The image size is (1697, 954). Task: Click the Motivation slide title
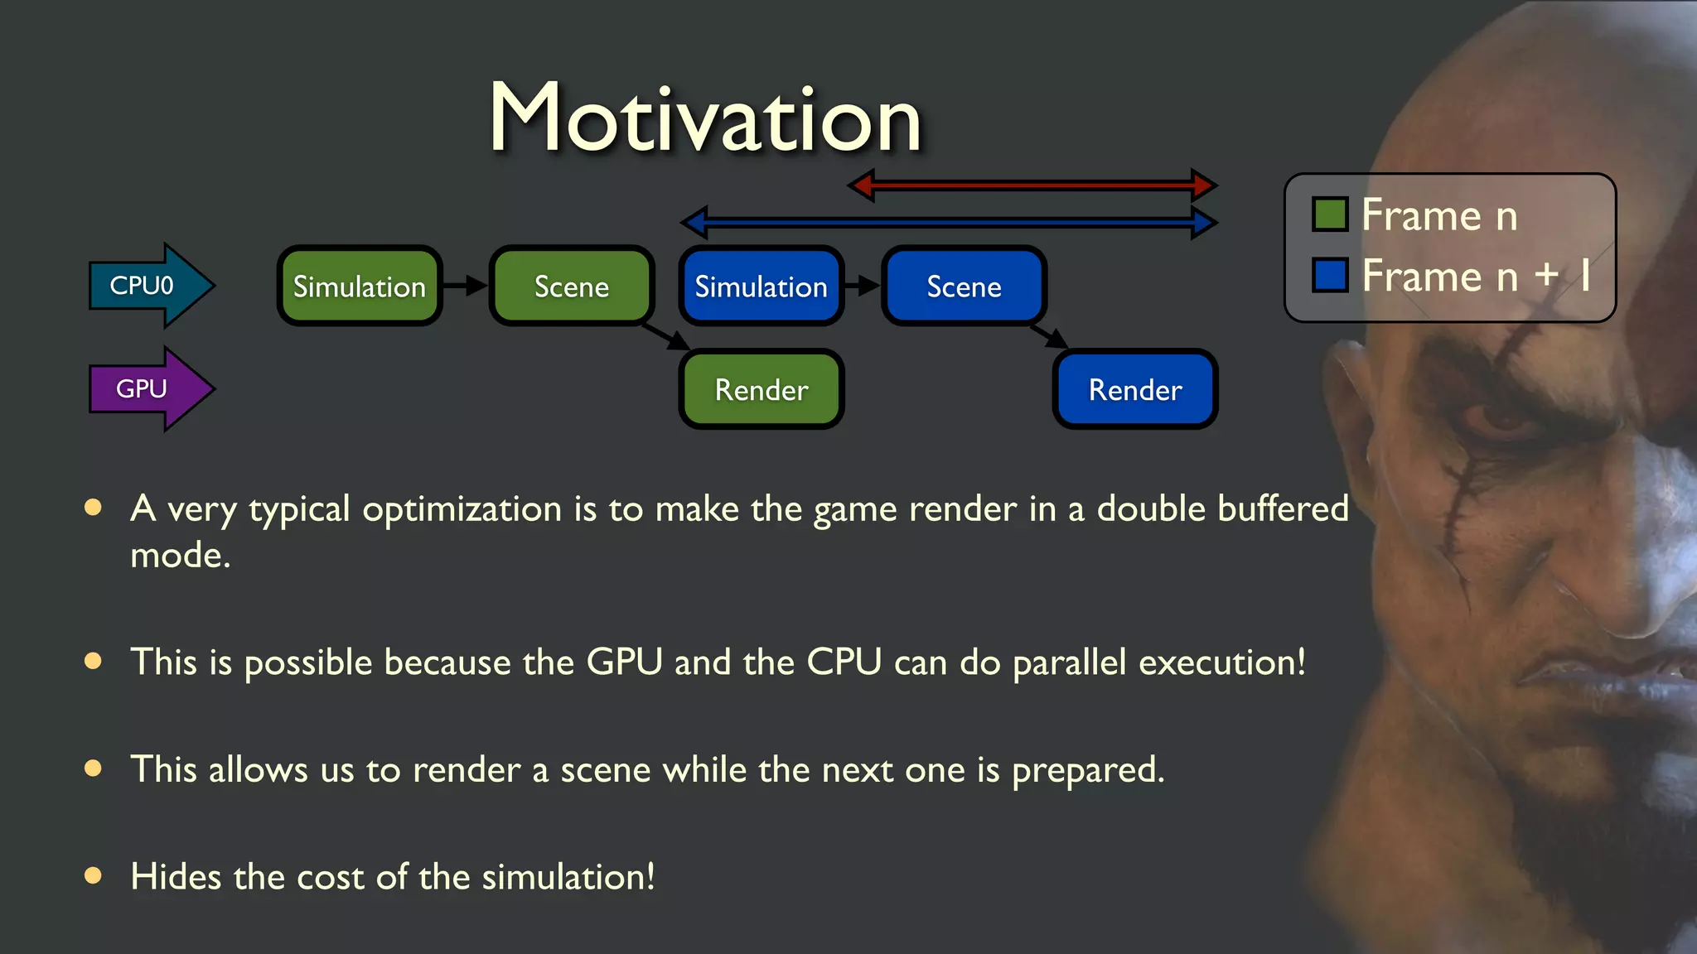tap(705, 118)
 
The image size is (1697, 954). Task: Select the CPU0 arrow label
tap(143, 286)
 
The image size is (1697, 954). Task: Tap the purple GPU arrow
tap(149, 388)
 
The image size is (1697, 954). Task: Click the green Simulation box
tap(359, 287)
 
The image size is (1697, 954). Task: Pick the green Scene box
tap(572, 287)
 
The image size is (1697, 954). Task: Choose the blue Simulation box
tap(761, 287)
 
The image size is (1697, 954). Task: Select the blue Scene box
tap(964, 287)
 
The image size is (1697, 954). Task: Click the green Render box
tap(761, 389)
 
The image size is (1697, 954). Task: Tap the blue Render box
tap(1135, 389)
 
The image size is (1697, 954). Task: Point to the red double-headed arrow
tap(1032, 185)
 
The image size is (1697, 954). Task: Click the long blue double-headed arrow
tap(949, 222)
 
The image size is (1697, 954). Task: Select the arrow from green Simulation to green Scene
tap(465, 286)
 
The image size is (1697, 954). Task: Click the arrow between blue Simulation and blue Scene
tap(863, 286)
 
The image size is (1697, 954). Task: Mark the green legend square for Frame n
tap(1330, 214)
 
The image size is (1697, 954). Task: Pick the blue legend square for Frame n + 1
tap(1330, 275)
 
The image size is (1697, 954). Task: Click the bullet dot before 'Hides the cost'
tap(93, 875)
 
